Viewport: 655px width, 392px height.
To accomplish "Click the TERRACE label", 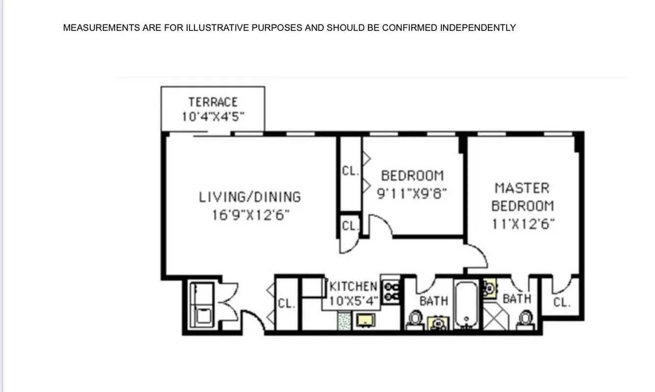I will [x=213, y=102].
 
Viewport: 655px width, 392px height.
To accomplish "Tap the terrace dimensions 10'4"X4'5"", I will [x=213, y=117].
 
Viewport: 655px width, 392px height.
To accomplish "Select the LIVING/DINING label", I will [x=250, y=197].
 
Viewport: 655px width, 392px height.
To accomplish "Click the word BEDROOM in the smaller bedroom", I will [x=412, y=175].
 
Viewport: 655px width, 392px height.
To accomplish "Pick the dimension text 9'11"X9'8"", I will [x=412, y=193].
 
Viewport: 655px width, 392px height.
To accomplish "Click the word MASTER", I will [x=522, y=188].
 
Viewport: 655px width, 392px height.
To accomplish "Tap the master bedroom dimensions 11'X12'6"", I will [x=523, y=224].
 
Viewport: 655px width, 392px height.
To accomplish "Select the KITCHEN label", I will [x=354, y=286].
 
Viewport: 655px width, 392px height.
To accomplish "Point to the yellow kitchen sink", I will [x=364, y=320].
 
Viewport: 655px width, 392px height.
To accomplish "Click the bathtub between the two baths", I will [x=466, y=304].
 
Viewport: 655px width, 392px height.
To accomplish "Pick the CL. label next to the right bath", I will [x=561, y=302].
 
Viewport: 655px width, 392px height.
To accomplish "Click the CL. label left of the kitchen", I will [x=286, y=303].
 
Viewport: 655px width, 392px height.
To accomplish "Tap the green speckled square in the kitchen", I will [x=344, y=321].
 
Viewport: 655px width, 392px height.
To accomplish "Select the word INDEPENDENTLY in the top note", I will [x=478, y=28].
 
